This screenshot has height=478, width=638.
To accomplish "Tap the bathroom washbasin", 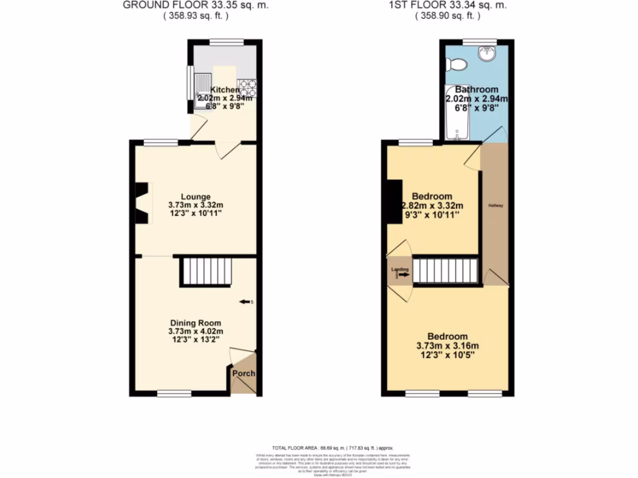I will (485, 55).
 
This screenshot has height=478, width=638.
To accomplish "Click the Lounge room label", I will (196, 197).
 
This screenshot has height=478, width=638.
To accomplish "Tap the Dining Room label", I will (196, 323).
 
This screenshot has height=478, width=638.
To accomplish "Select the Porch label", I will (244, 374).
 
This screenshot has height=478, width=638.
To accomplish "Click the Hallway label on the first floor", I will (495, 206).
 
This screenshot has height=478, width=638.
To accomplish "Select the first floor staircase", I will (445, 271).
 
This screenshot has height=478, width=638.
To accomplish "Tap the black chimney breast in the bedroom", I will (394, 200).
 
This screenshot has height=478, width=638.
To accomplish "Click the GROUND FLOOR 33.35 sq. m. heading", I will (176, 5).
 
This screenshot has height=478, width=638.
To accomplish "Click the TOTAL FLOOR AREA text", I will (333, 448).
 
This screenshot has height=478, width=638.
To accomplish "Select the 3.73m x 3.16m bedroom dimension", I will (447, 346).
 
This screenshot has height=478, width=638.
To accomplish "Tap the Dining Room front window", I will (174, 393).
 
